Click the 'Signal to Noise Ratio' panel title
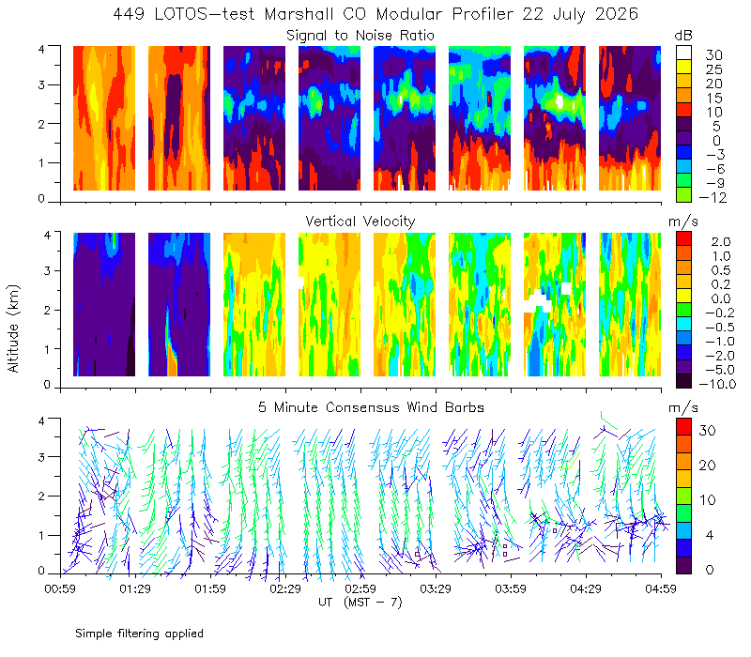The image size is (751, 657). pos(360,36)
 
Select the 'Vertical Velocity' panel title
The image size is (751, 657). pos(360,222)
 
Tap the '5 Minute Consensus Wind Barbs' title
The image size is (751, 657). pos(371,407)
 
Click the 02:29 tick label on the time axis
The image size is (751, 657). pos(285,588)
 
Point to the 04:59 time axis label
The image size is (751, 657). pos(661,588)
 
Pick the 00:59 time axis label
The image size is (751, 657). pos(60,588)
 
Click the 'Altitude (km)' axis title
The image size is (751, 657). pos(13,328)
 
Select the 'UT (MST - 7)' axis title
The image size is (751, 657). pos(360,603)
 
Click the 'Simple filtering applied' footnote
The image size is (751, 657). pos(139,634)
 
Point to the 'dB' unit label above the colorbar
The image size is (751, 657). pos(683,37)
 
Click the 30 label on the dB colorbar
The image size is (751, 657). pos(713,55)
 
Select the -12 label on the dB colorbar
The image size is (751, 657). pos(713,198)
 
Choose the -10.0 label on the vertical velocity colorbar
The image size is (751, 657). pos(717,385)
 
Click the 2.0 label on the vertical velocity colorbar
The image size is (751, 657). pos(721,242)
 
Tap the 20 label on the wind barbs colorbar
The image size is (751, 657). pos(708,466)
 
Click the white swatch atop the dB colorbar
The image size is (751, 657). pos(684,53)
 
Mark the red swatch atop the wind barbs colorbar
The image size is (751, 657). pos(684,427)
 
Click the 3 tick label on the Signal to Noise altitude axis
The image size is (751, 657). pos(41,84)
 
